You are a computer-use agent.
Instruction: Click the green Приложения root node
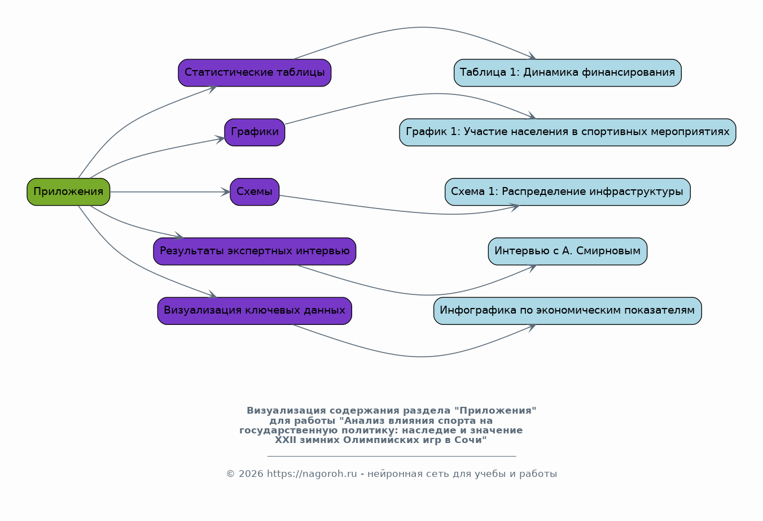pyautogui.click(x=68, y=192)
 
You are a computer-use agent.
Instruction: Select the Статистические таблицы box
pyautogui.click(x=255, y=73)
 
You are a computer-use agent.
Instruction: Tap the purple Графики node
pyautogui.click(x=255, y=132)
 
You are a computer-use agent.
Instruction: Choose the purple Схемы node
pyautogui.click(x=255, y=192)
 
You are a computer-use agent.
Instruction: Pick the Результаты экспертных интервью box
pyautogui.click(x=255, y=251)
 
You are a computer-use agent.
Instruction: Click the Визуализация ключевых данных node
pyautogui.click(x=255, y=311)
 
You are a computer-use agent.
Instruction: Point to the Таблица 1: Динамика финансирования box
pyautogui.click(x=568, y=73)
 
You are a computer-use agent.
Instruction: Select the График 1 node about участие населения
pyautogui.click(x=568, y=132)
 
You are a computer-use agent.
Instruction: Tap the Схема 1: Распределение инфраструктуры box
pyautogui.click(x=568, y=192)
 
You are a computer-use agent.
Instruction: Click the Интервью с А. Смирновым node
pyautogui.click(x=568, y=251)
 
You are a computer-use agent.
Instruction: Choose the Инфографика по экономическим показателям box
pyautogui.click(x=568, y=311)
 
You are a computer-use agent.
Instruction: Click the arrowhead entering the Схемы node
pyautogui.click(x=226, y=192)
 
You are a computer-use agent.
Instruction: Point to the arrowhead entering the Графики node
pyautogui.click(x=220, y=139)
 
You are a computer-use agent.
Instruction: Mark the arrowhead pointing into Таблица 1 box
pyautogui.click(x=531, y=57)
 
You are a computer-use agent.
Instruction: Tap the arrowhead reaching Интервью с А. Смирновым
pyautogui.click(x=532, y=268)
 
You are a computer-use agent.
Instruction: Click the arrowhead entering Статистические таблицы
pyautogui.click(x=212, y=89)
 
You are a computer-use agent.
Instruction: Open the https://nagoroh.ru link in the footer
pyautogui.click(x=312, y=474)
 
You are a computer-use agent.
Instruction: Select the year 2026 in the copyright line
pyautogui.click(x=251, y=474)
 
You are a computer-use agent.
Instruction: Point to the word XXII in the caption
pyautogui.click(x=286, y=440)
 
